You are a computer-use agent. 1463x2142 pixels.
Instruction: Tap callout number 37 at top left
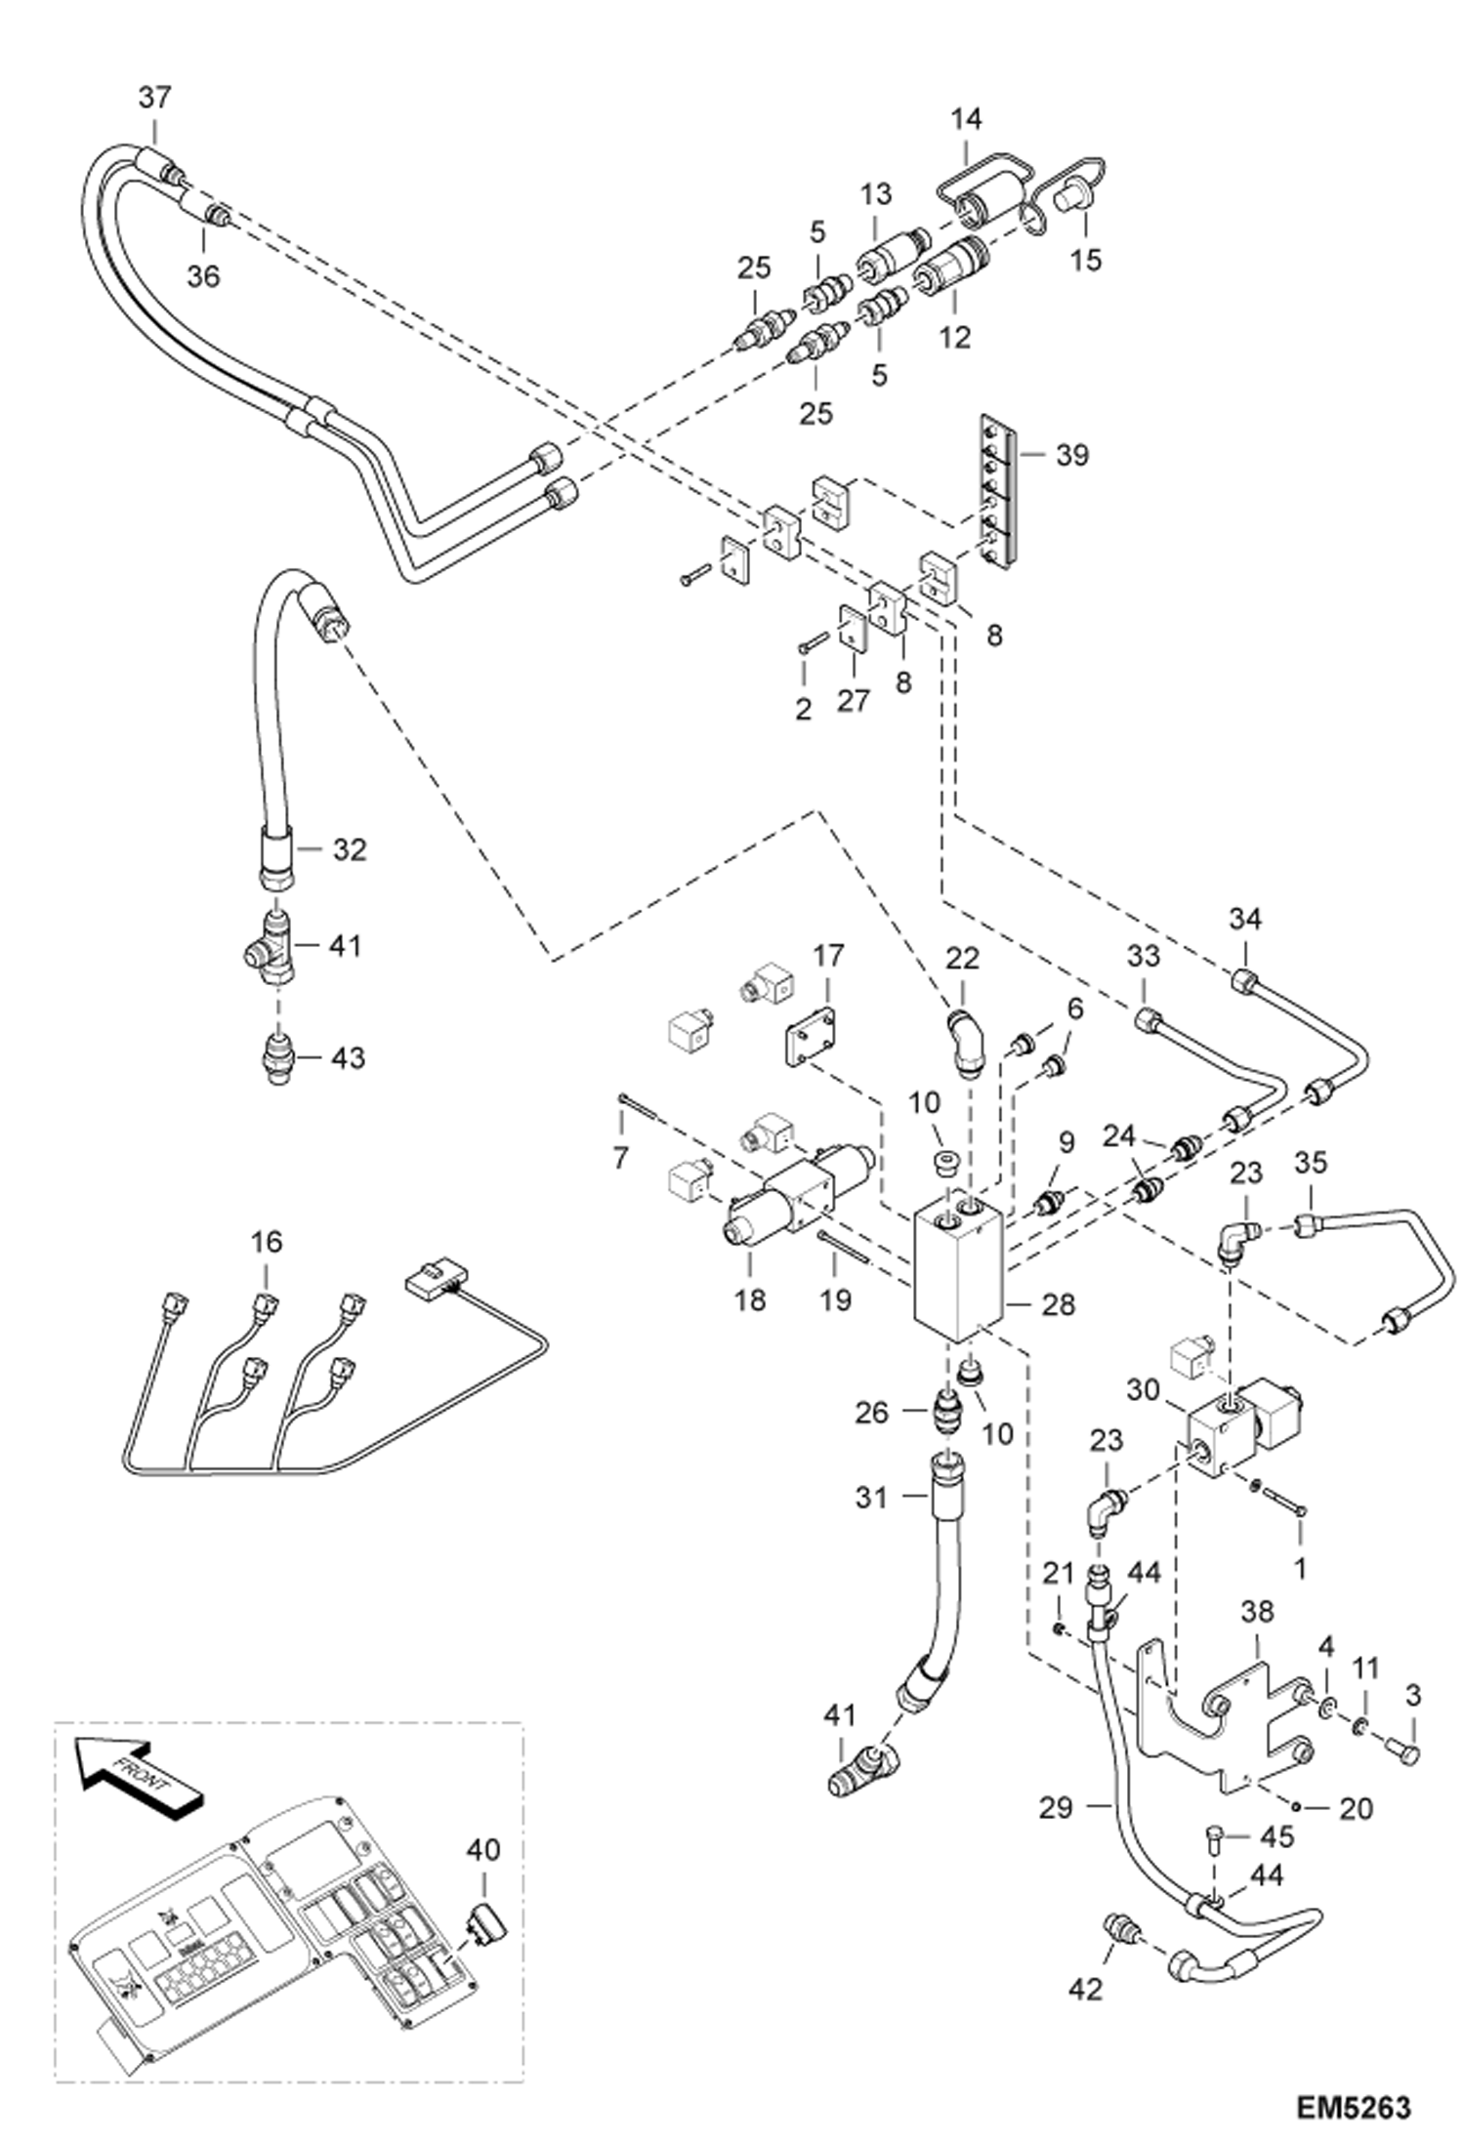pyautogui.click(x=153, y=98)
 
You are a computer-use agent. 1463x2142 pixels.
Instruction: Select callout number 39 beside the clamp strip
pyautogui.click(x=1071, y=455)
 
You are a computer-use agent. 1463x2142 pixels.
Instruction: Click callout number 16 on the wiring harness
pyautogui.click(x=266, y=1242)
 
